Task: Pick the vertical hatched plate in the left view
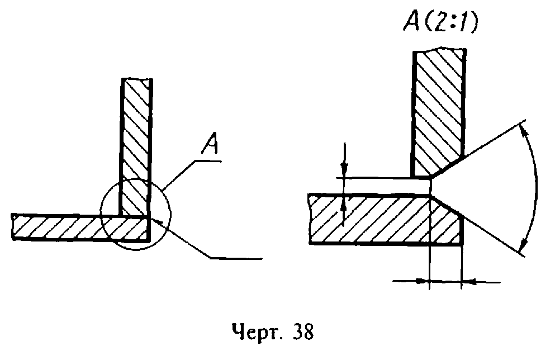tap(136, 147)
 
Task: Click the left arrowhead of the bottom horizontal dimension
tap(421, 282)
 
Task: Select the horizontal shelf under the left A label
tap(208, 162)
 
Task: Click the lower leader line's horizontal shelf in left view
tap(236, 259)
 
